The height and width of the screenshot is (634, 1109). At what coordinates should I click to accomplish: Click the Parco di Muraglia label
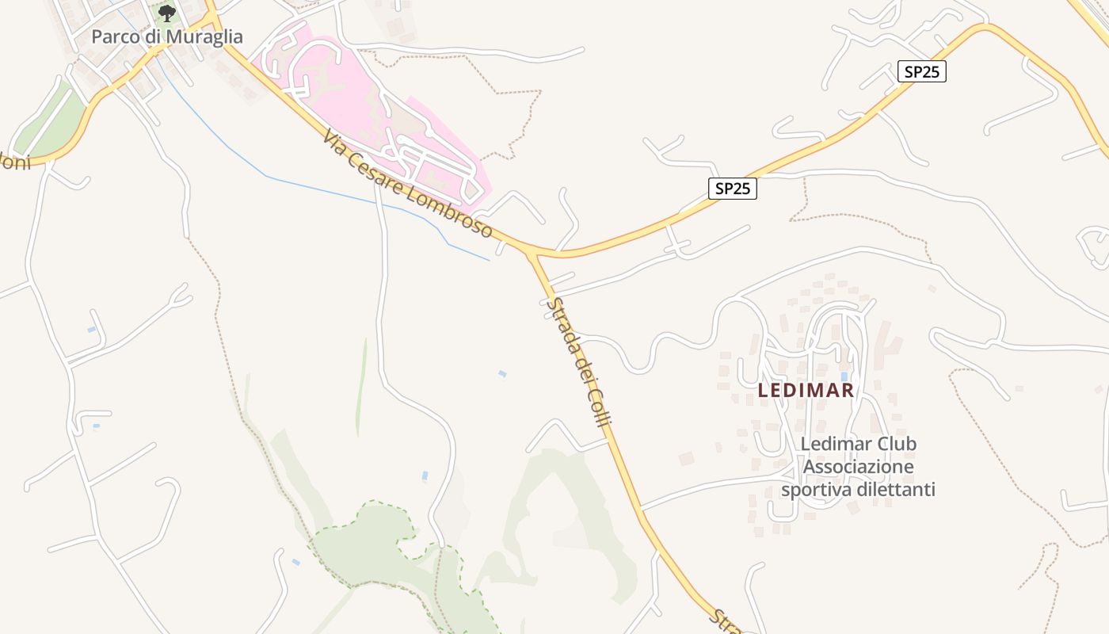pos(166,36)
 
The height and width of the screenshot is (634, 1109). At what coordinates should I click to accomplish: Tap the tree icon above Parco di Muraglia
pos(166,13)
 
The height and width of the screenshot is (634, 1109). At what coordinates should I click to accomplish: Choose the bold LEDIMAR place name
pos(806,390)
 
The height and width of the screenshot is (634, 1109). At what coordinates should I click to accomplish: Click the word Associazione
pos(859,467)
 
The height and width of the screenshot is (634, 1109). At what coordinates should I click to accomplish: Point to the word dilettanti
pos(897,490)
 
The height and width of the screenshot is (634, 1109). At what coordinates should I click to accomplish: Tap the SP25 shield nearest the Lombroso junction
pos(732,189)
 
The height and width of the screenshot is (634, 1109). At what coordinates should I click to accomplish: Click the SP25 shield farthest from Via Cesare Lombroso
pos(923,71)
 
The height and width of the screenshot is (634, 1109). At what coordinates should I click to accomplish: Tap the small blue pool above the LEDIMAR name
pos(844,376)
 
